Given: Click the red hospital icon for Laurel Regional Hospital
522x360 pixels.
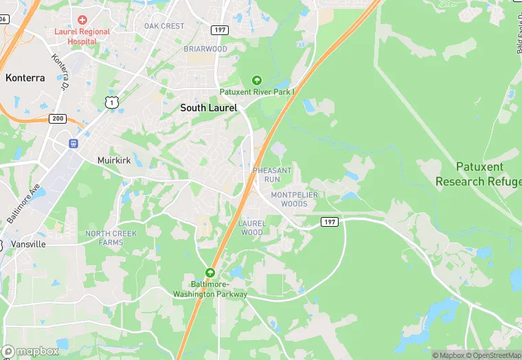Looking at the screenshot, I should [82, 19].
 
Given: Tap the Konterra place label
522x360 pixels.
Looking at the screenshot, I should [25, 78].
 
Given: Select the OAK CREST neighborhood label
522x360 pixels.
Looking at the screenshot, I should [164, 26].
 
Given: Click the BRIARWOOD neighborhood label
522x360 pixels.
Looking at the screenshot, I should [205, 49].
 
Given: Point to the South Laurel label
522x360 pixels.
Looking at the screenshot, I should [209, 108].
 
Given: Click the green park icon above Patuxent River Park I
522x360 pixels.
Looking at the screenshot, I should [257, 80].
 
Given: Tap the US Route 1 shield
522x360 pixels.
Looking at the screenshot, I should [111, 102].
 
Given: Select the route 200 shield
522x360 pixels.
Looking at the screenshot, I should [58, 119].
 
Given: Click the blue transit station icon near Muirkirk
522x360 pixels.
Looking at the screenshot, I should [73, 144].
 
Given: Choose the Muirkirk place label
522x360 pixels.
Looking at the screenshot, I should [114, 159].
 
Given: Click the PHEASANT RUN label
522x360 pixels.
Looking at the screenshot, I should [273, 175].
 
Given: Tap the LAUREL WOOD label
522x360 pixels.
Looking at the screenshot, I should [251, 228].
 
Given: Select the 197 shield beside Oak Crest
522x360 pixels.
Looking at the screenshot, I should [220, 30].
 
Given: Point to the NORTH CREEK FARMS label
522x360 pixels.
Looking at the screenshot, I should [111, 238].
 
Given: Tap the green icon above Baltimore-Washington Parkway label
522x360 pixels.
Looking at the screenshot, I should [210, 273].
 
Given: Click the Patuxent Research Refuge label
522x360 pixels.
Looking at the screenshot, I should [479, 174].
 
